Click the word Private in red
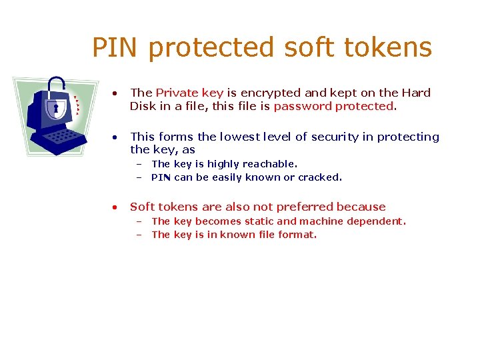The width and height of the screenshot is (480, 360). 175,93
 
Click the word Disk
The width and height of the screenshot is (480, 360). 142,106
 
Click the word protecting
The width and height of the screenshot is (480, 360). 408,137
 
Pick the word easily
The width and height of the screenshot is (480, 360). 232,177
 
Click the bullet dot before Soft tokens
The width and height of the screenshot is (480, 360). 115,207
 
